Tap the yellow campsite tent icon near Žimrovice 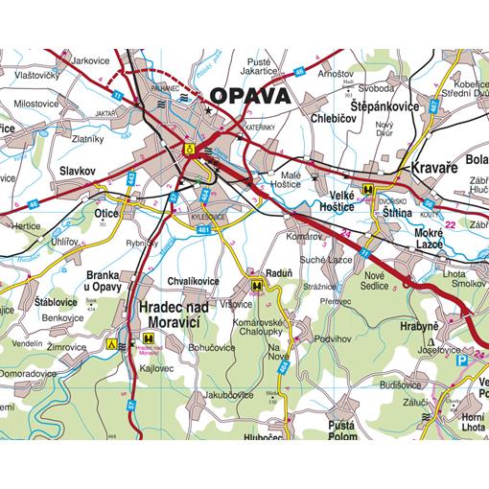click(x=112, y=339)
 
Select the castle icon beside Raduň click(x=257, y=285)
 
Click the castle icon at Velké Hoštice click(x=367, y=190)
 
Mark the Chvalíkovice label click(x=193, y=281)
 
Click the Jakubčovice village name click(x=226, y=394)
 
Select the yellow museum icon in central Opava click(x=190, y=149)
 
